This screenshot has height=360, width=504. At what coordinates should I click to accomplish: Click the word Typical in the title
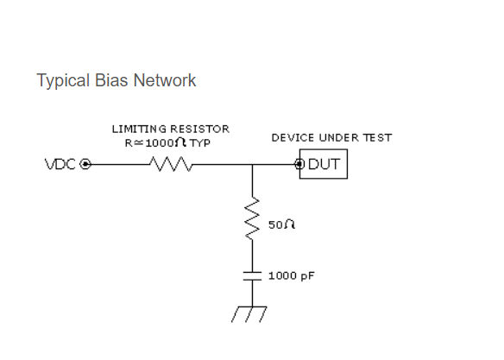tap(63, 80)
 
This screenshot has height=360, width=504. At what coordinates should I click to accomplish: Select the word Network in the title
tap(165, 80)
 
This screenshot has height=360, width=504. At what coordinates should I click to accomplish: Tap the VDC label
tap(60, 164)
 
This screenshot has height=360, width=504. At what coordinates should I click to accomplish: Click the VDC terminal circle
tap(85, 164)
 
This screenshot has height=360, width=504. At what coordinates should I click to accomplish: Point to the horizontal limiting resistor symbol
tap(171, 164)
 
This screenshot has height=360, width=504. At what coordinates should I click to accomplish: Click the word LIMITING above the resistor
tap(139, 129)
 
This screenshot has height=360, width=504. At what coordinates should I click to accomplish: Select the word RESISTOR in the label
tap(199, 129)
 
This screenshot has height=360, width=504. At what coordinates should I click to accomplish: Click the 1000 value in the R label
tap(160, 143)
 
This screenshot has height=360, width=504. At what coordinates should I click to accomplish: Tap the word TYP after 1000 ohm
tap(200, 143)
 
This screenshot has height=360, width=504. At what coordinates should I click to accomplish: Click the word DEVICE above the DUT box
tap(293, 138)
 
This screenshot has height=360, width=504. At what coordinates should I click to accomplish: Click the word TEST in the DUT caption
tap(377, 138)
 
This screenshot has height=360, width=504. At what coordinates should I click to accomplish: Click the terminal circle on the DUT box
tap(299, 164)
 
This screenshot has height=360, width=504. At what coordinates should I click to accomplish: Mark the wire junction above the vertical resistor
tap(252, 164)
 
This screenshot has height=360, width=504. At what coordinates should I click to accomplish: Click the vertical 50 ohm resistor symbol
tap(252, 218)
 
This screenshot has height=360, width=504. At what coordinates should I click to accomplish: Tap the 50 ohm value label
tap(281, 224)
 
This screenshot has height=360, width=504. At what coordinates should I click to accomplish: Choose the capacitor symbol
tap(252, 276)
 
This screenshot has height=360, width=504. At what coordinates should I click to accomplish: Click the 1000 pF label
tap(291, 276)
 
